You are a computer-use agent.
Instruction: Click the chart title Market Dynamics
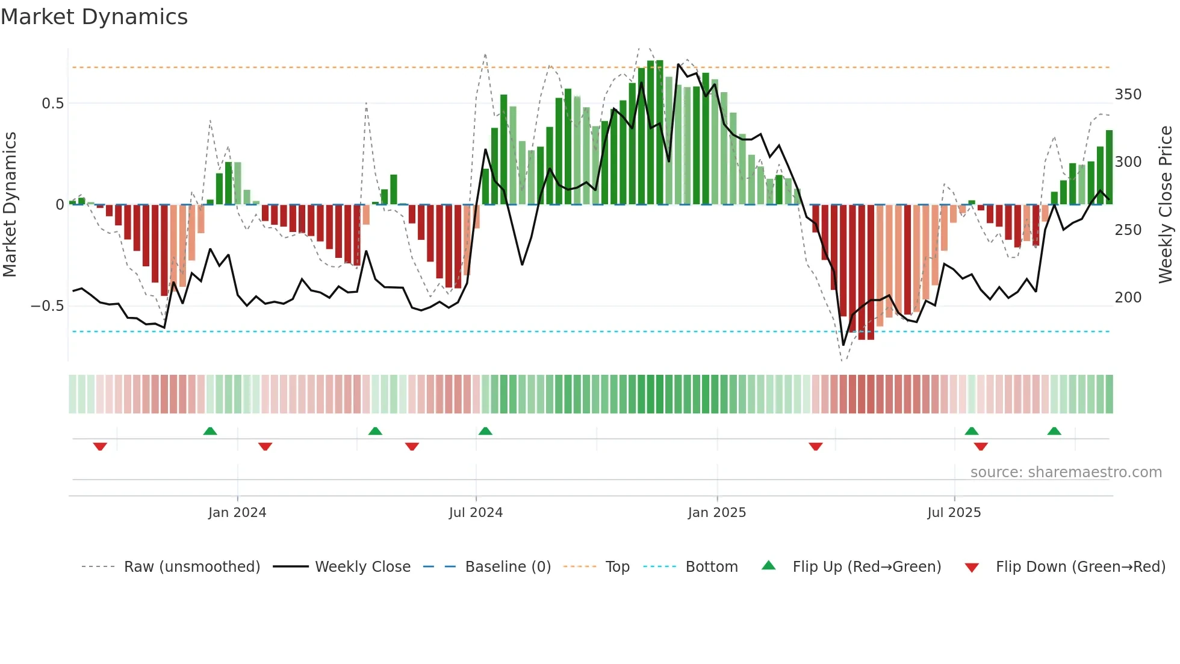(x=95, y=17)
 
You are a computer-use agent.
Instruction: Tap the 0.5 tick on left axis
(x=52, y=103)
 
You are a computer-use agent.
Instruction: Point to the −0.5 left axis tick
(x=48, y=306)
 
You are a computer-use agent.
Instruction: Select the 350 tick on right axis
(x=1128, y=95)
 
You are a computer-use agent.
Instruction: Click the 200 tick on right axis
(x=1128, y=298)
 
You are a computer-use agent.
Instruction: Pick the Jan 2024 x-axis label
(x=237, y=513)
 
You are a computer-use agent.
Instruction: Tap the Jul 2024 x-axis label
(x=476, y=513)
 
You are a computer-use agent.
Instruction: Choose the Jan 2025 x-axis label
(x=716, y=513)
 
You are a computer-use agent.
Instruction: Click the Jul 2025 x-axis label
(x=954, y=513)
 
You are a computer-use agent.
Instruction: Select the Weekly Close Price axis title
(x=1166, y=204)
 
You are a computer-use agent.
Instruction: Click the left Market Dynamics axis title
(x=10, y=204)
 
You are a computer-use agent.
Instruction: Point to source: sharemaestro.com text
(x=1066, y=472)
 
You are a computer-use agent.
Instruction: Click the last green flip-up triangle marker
(x=1054, y=431)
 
